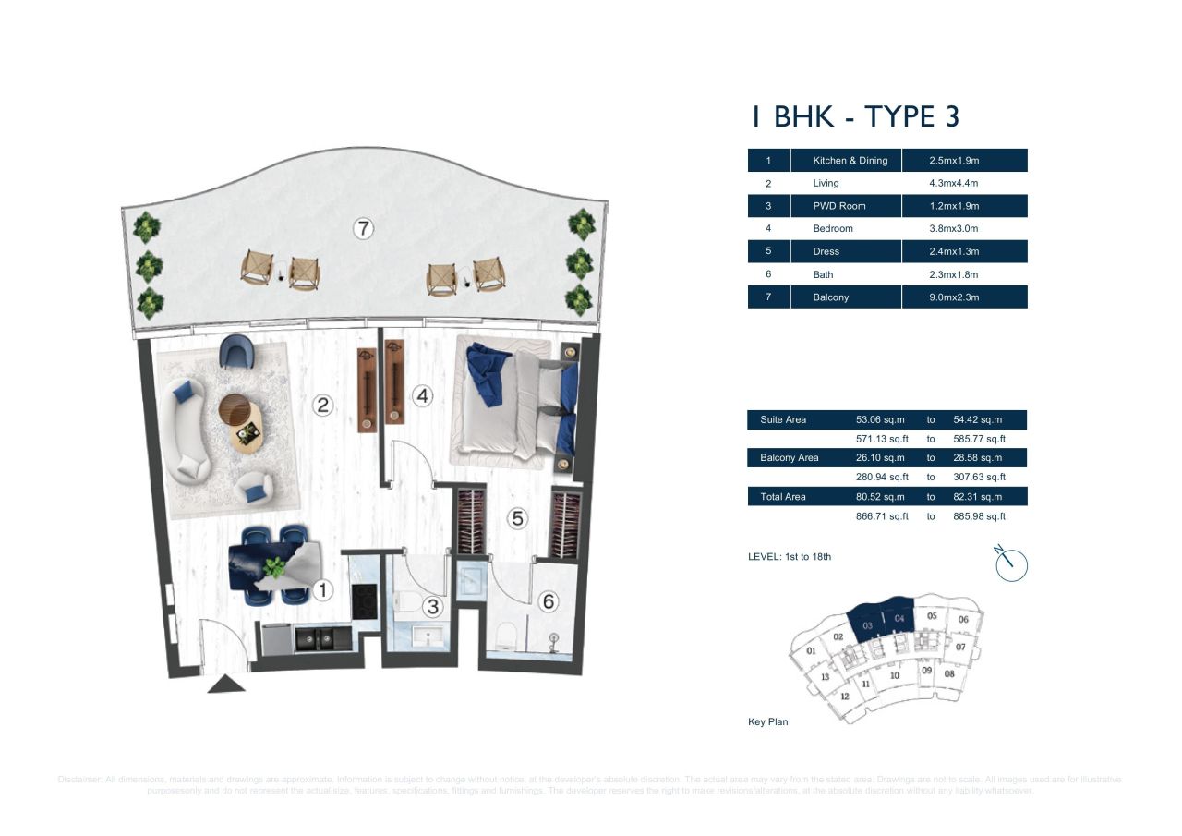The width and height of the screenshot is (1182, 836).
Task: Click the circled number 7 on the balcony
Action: pyautogui.click(x=364, y=229)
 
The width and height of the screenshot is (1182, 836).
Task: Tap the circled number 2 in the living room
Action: pyautogui.click(x=322, y=405)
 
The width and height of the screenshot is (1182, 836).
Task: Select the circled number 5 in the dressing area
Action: pyautogui.click(x=518, y=519)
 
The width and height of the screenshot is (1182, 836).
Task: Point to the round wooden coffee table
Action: pyautogui.click(x=235, y=408)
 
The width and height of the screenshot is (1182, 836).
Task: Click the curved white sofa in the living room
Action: pyautogui.click(x=187, y=430)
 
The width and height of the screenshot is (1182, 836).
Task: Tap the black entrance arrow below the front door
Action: pyautogui.click(x=225, y=684)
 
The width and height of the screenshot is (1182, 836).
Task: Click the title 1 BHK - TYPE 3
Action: pyautogui.click(x=854, y=117)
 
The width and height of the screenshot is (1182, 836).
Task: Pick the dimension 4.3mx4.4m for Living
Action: pyautogui.click(x=954, y=183)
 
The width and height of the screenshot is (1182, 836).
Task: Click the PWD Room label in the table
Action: pyautogui.click(x=838, y=206)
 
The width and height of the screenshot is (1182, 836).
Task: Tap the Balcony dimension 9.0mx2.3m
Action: pyautogui.click(x=954, y=297)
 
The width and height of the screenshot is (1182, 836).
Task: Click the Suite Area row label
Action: pyautogui.click(x=783, y=420)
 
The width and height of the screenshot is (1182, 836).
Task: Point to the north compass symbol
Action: pyautogui.click(x=1011, y=563)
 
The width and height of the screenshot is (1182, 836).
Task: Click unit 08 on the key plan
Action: pyautogui.click(x=949, y=673)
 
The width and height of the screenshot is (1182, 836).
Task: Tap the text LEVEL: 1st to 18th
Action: pyautogui.click(x=789, y=557)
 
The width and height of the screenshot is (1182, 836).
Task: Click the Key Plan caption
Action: pyautogui.click(x=767, y=721)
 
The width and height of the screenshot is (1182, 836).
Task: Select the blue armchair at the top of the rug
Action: pyautogui.click(x=236, y=352)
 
